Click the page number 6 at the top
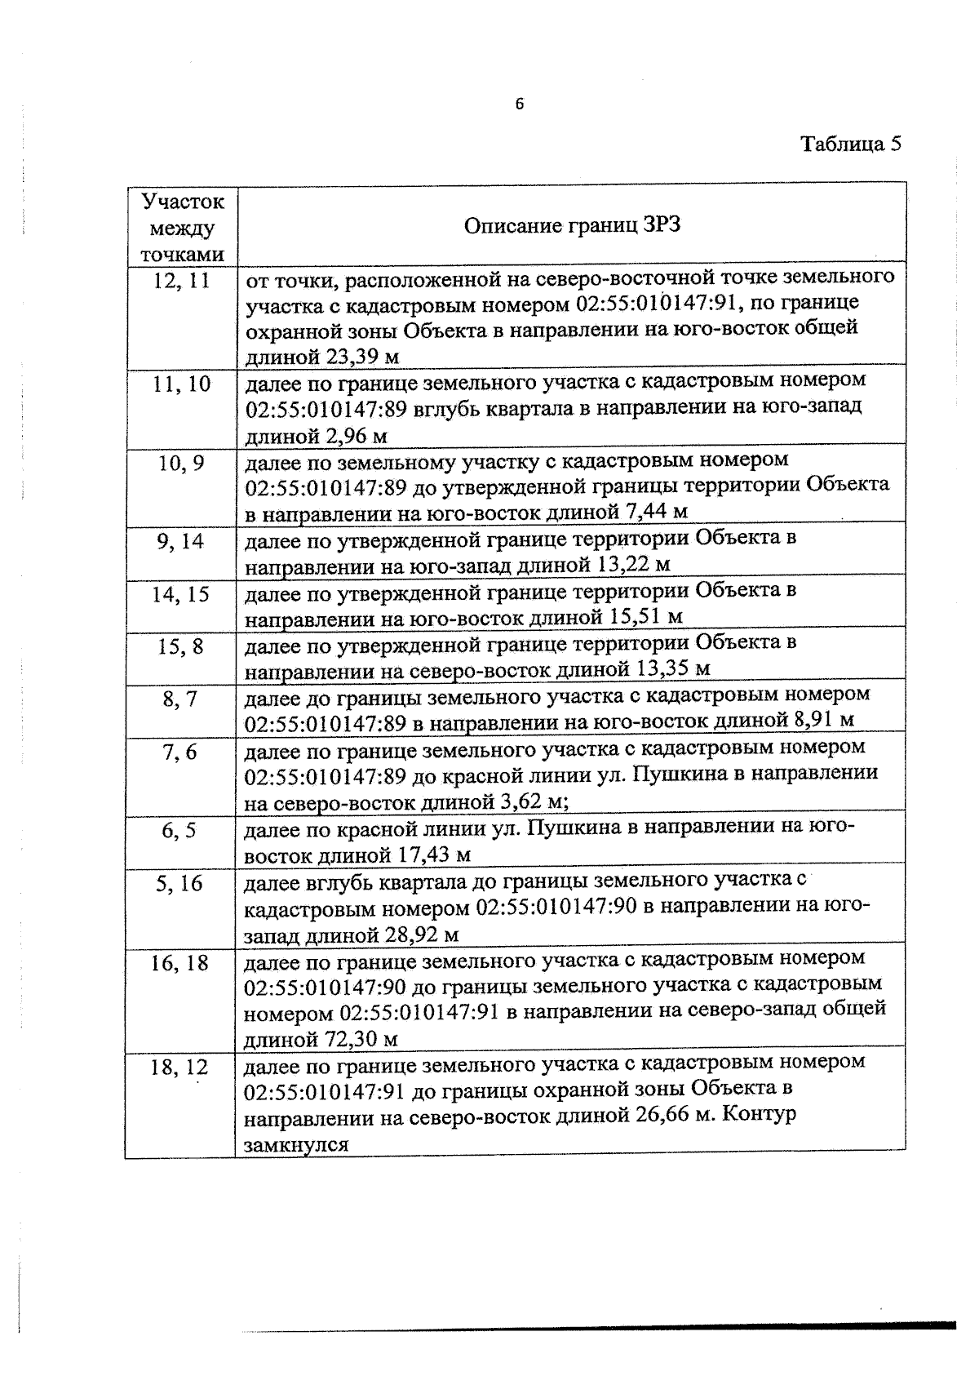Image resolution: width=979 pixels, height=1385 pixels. (519, 104)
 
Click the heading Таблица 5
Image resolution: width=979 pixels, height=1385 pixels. (851, 144)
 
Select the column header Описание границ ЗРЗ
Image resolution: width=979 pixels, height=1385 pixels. (572, 225)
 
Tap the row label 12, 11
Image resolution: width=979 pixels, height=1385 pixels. (182, 281)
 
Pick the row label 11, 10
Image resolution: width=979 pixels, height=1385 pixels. (182, 384)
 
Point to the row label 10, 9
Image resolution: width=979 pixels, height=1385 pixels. (182, 464)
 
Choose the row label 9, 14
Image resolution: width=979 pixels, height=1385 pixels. (181, 542)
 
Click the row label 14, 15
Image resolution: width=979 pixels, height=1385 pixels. (181, 594)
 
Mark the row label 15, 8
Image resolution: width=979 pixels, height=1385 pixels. (181, 647)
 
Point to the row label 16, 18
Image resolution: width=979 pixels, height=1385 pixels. (179, 963)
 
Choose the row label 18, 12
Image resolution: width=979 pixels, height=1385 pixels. (179, 1068)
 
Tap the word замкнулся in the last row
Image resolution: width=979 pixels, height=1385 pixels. (296, 1144)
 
